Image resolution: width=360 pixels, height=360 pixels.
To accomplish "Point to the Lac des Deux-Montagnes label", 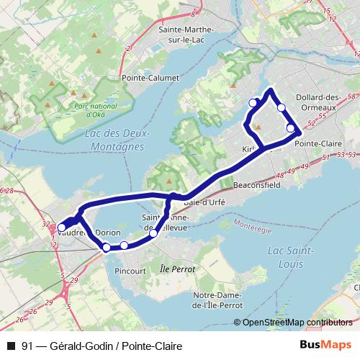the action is point(117,140).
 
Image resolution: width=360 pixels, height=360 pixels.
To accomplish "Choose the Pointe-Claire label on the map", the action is point(318,143).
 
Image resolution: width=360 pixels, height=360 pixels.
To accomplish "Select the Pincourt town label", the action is point(130,271).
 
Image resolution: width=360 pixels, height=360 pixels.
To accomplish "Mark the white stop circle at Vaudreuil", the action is point(61,228).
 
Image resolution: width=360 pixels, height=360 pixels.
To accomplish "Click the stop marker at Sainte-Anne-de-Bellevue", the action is point(153,233).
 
